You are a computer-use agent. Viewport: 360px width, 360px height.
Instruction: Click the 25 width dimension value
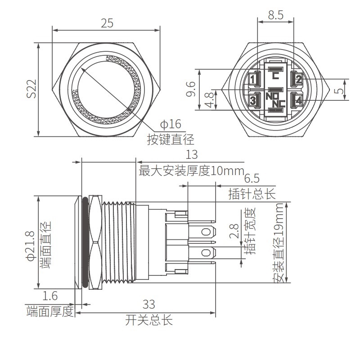coord(107,23)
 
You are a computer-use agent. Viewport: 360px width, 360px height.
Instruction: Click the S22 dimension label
coord(31,89)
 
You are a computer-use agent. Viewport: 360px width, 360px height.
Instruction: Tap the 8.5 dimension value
coord(276,15)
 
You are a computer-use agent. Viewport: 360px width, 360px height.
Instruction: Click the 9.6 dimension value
coord(191,89)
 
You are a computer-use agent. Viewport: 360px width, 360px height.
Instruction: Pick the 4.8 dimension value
coord(209,99)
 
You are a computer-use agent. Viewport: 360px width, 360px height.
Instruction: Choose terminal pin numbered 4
coord(298,100)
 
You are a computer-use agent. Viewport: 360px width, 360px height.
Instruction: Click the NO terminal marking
coord(272,95)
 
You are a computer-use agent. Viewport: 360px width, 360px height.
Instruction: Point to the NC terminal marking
coord(279,103)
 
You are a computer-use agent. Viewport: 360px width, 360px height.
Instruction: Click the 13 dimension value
coord(191,154)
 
